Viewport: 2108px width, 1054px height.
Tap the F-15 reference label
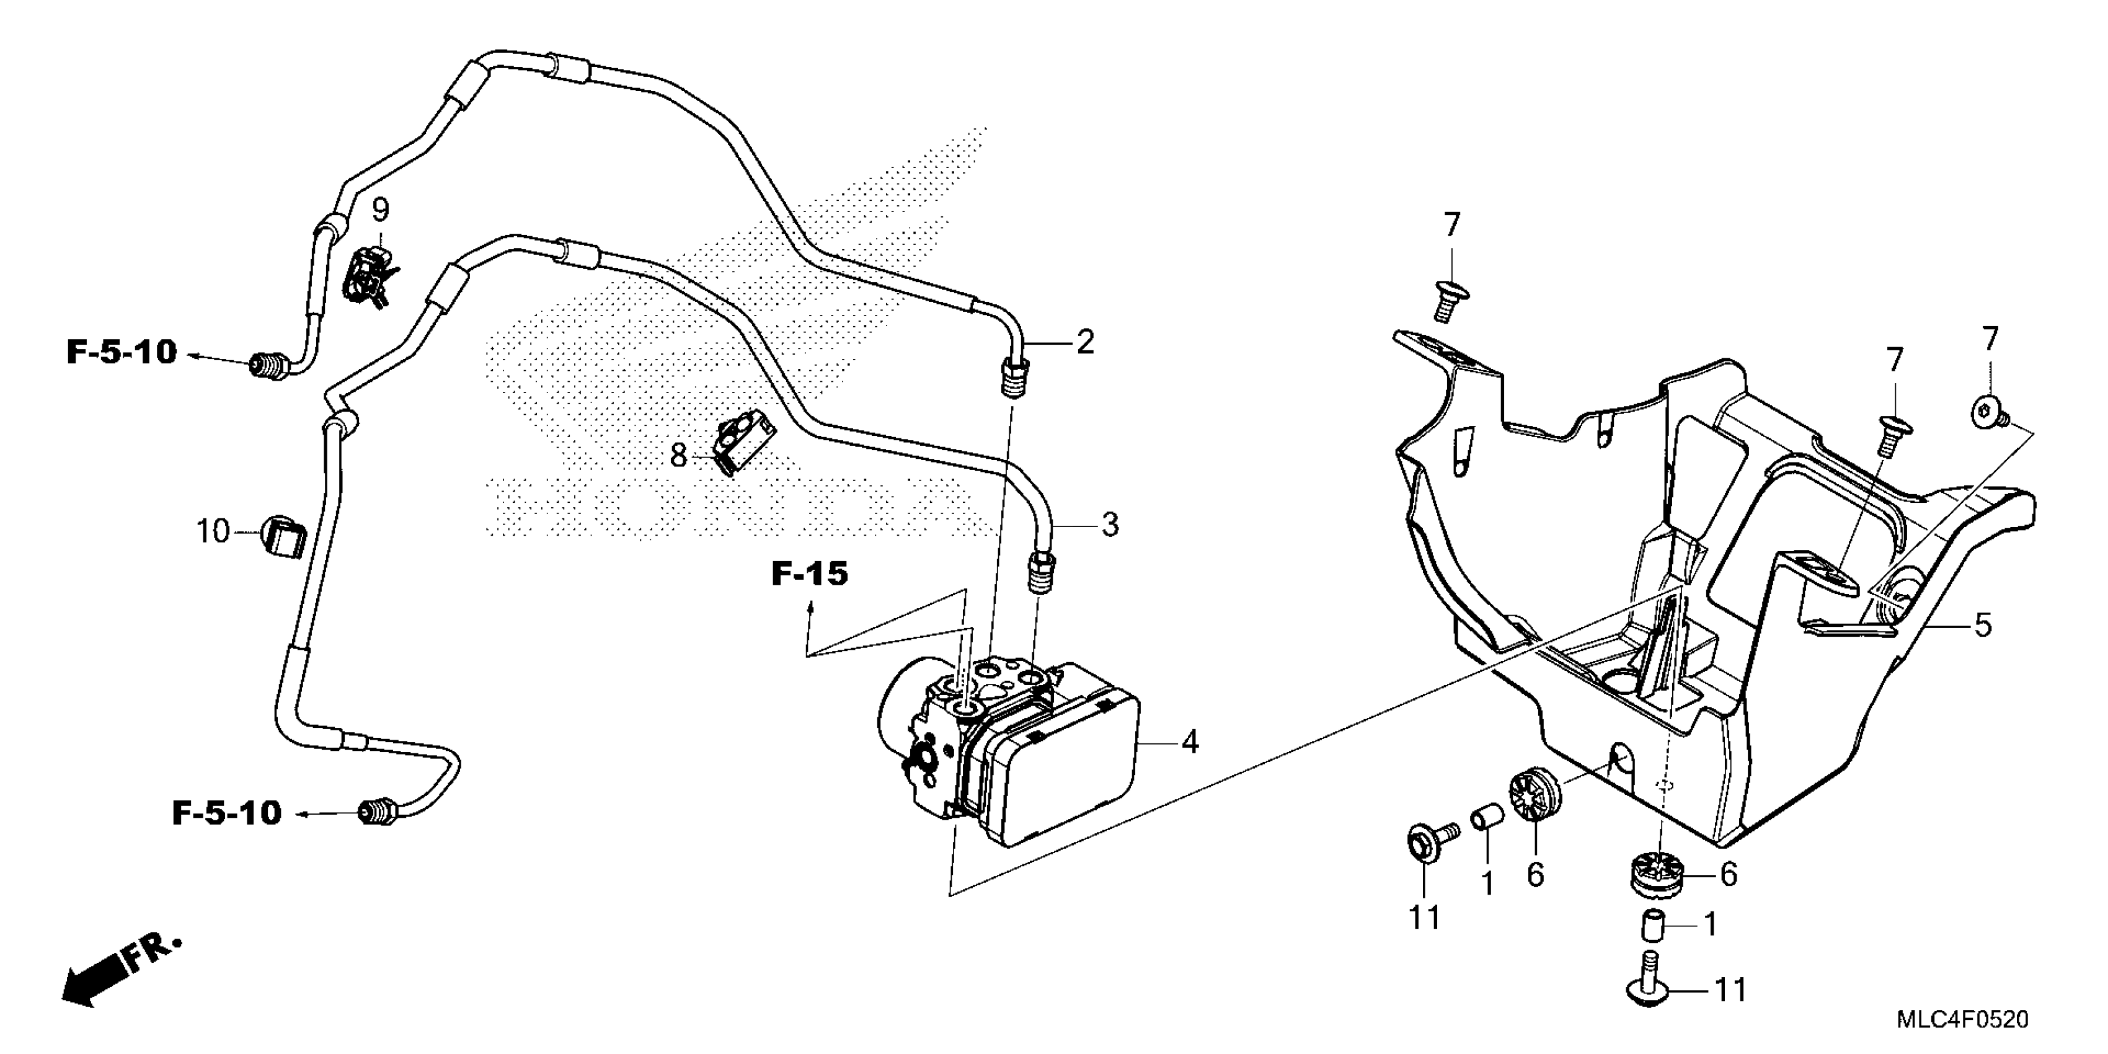(809, 575)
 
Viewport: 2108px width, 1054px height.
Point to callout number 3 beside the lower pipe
(1110, 525)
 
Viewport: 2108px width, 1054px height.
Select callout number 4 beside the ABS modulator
(1190, 742)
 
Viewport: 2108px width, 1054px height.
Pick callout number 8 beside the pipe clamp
(678, 455)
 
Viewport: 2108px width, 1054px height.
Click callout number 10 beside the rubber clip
(213, 532)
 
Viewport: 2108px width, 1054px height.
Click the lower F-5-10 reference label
(227, 813)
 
